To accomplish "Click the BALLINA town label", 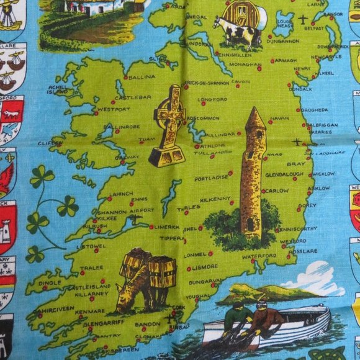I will click(142, 78).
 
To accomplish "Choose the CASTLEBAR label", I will click(129, 98).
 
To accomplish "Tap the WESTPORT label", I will click(114, 109).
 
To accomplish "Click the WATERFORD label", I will click(259, 256).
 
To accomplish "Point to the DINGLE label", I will click(50, 283).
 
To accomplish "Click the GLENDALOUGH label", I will click(284, 175).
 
